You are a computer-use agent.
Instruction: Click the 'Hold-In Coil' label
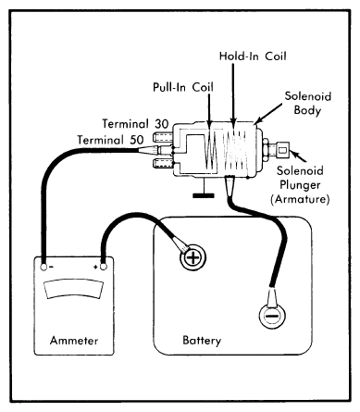[253, 56]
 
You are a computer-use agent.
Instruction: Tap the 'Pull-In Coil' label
[183, 87]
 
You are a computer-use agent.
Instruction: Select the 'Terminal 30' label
[135, 124]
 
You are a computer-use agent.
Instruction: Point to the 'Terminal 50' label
[110, 140]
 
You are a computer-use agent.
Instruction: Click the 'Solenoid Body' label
[307, 103]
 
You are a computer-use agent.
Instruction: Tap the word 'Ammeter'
[74, 341]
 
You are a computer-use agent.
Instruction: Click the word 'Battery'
[202, 341]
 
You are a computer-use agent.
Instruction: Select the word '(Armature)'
[300, 199]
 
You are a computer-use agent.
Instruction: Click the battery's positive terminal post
[193, 257]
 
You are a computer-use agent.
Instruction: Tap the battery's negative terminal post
[272, 317]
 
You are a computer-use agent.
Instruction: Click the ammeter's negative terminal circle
[43, 267]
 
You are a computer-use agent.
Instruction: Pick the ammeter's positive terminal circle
[104, 267]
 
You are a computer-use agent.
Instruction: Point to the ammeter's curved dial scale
[74, 289]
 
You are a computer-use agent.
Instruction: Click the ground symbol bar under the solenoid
[204, 195]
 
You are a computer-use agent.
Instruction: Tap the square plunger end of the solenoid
[282, 150]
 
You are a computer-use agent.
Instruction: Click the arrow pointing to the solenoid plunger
[299, 156]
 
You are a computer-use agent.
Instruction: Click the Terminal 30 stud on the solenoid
[162, 136]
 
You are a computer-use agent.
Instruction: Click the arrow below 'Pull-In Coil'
[209, 111]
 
